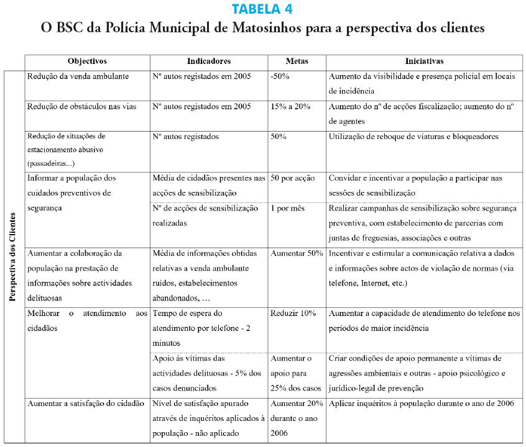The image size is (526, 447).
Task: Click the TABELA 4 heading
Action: tap(262, 9)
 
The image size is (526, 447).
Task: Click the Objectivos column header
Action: tap(87, 61)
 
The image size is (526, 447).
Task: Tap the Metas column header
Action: tap(297, 61)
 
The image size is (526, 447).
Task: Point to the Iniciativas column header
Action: tap(424, 61)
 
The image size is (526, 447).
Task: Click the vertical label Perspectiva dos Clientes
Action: tap(13, 257)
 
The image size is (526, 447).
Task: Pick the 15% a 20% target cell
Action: tap(290, 106)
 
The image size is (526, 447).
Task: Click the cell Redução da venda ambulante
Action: tap(78, 77)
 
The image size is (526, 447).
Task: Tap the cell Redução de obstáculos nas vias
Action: tap(81, 106)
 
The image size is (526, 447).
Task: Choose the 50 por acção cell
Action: tap(293, 178)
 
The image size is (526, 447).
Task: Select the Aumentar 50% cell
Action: tap(297, 254)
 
